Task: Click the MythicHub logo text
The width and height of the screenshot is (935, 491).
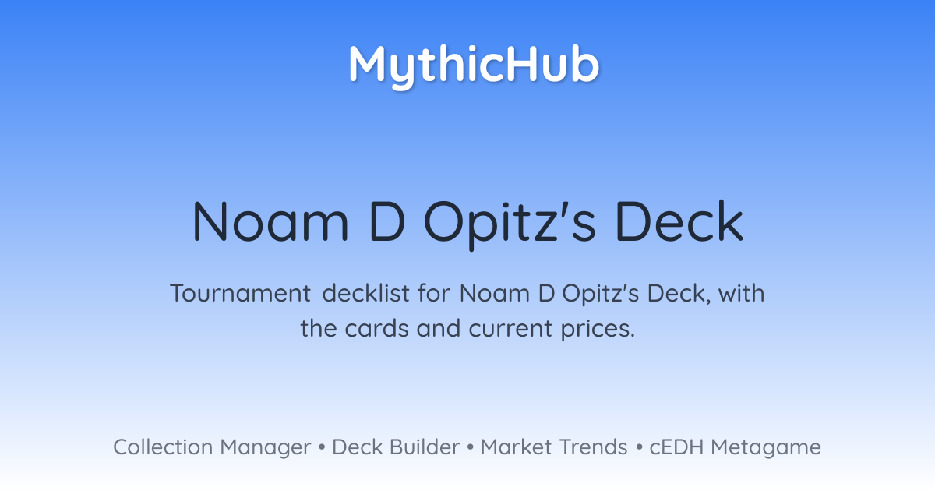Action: point(475,66)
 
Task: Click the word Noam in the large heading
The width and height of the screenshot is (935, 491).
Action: point(270,221)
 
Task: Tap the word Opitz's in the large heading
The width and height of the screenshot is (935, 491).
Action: point(510,224)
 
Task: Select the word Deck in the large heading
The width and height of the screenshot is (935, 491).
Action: point(679,221)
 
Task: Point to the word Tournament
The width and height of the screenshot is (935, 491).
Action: point(241,293)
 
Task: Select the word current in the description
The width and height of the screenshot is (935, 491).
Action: point(510,329)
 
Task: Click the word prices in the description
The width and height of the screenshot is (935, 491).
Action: point(598,330)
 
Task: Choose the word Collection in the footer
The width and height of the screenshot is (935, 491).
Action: point(163,447)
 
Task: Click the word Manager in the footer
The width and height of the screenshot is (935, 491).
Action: point(266,448)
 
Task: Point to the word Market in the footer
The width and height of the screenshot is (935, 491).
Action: point(516,447)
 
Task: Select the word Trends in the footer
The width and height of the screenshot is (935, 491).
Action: point(594,447)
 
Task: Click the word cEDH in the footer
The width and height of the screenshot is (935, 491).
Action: point(676,447)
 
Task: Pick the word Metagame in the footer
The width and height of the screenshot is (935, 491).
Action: point(766,448)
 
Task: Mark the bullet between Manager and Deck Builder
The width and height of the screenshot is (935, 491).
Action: point(321,447)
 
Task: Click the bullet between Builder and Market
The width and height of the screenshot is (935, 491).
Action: point(471,447)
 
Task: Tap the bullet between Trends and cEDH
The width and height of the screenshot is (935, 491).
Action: point(639,447)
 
